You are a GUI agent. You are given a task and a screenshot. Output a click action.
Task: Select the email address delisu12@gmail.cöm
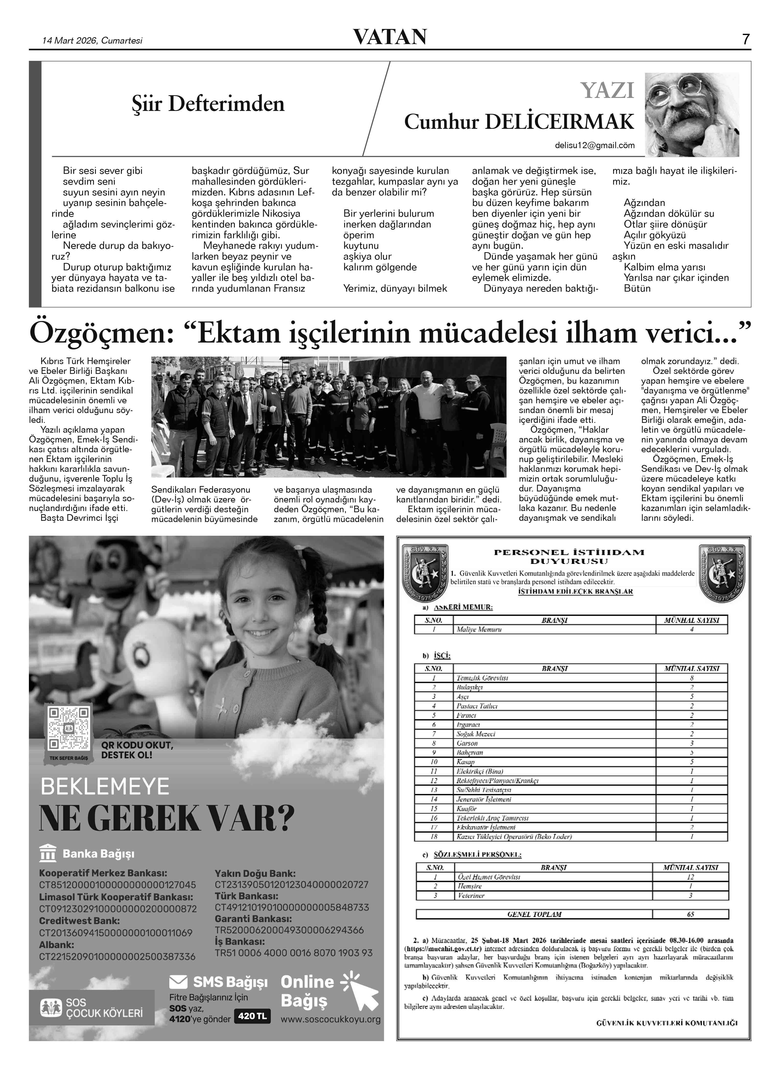coord(594,146)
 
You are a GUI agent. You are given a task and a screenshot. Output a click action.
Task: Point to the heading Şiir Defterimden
coord(208,104)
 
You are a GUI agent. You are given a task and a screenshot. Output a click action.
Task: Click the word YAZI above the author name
coord(607,90)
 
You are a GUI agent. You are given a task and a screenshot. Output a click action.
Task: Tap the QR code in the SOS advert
coord(69,728)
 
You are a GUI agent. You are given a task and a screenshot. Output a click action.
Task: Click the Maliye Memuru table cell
coord(479,629)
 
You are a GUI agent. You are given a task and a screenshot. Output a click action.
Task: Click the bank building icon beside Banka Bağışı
coord(48,854)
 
